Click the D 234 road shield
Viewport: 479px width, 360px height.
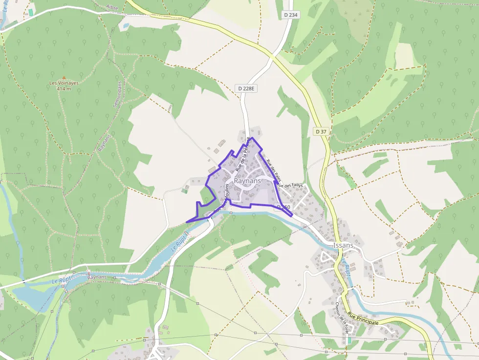click(x=291, y=15)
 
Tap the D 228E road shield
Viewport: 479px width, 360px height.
click(x=247, y=88)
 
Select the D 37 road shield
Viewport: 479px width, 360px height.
click(x=321, y=131)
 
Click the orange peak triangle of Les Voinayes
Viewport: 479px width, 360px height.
click(x=64, y=78)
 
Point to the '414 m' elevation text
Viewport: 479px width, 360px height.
click(x=64, y=89)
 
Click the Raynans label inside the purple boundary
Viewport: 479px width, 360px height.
click(x=247, y=181)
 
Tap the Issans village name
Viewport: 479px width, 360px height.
click(x=343, y=245)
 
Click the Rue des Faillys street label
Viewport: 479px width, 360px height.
click(x=290, y=185)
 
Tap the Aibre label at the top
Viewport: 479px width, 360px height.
click(x=112, y=7)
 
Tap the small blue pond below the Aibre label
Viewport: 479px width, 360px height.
click(x=126, y=25)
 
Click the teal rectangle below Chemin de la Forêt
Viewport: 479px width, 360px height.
click(x=349, y=340)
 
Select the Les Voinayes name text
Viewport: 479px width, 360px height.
click(x=64, y=83)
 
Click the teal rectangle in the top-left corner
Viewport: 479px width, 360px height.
click(x=31, y=12)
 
